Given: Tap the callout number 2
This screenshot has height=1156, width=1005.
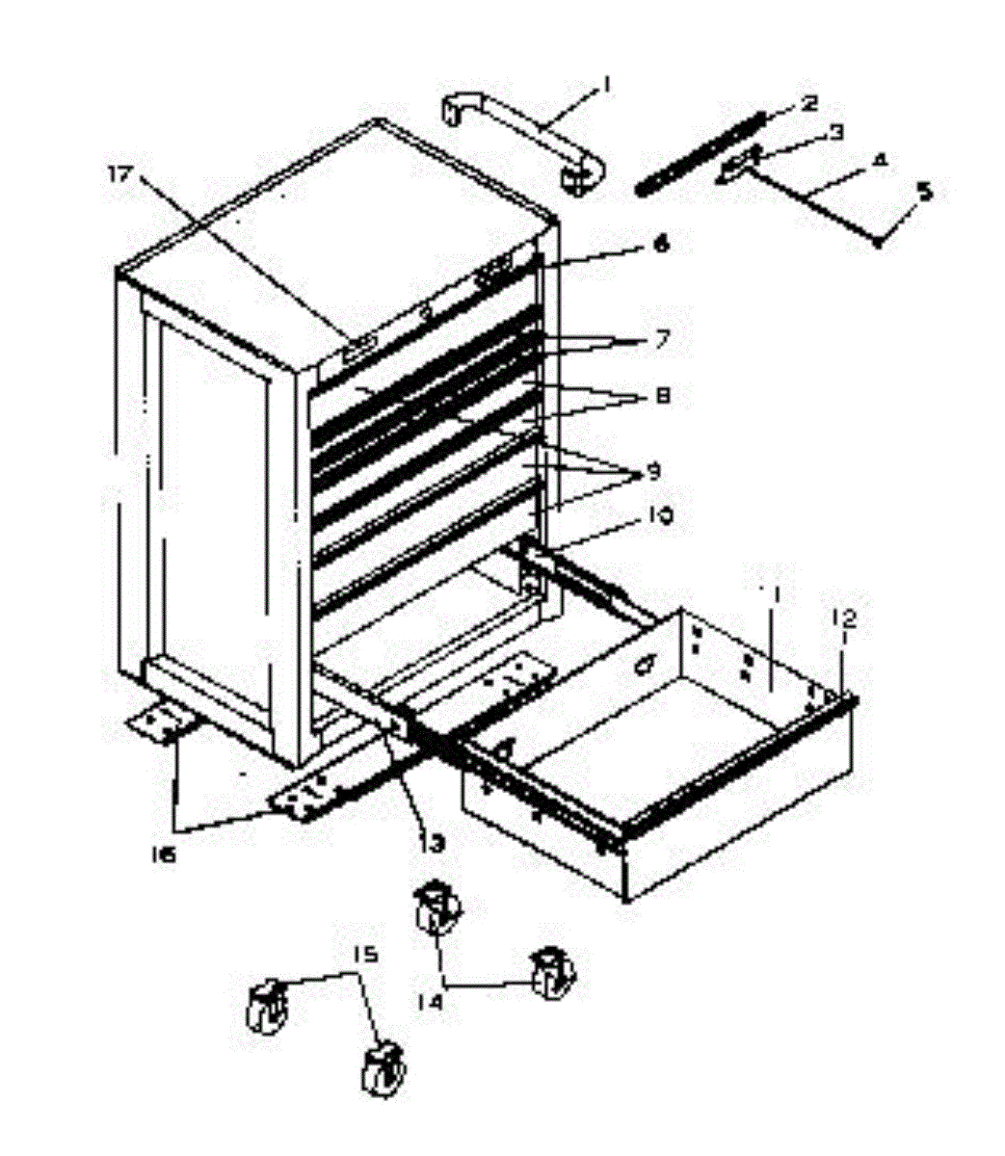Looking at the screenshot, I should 807,102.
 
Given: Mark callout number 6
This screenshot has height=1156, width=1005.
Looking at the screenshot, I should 660,245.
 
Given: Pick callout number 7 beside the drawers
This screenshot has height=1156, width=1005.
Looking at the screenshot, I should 661,339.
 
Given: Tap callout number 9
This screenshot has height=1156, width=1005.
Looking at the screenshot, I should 653,472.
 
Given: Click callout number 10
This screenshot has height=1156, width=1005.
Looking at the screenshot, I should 659,517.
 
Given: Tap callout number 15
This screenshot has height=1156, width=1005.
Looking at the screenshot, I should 364,956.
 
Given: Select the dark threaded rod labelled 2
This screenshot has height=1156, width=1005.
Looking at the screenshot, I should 701,152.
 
